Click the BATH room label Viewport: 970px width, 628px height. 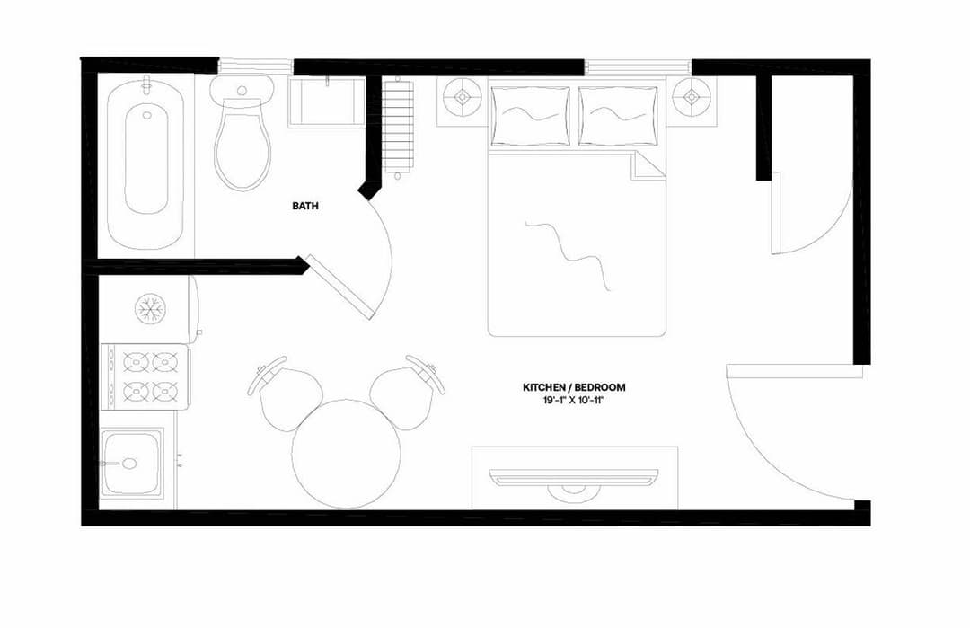pos(304,206)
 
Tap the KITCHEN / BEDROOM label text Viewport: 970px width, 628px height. pos(574,387)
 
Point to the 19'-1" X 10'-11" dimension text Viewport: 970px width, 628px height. pos(574,400)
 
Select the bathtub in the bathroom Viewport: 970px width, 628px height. pos(145,162)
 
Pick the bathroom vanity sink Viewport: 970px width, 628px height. pos(326,103)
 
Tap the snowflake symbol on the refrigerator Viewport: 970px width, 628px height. pos(150,309)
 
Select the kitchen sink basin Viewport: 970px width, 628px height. pos(132,464)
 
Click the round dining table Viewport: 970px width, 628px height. pos(346,454)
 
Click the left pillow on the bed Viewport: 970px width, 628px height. pos(530,115)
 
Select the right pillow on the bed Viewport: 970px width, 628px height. pos(618,115)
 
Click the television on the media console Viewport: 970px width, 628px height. pos(574,477)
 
